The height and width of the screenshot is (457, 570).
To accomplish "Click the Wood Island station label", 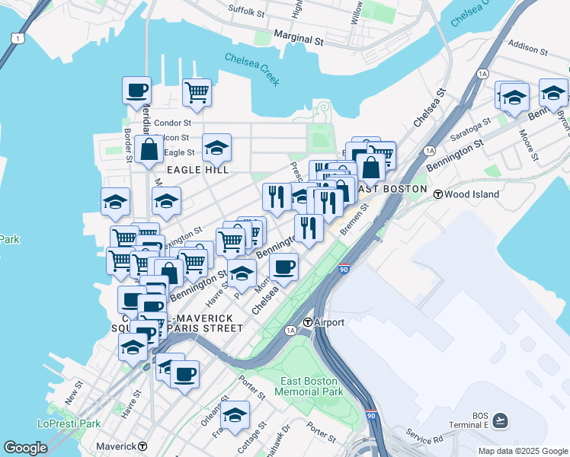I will click(x=472, y=194).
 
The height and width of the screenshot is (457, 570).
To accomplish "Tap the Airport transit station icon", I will click(x=309, y=322).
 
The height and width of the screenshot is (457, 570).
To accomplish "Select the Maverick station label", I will click(x=116, y=446).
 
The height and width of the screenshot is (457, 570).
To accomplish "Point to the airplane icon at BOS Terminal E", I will click(x=500, y=420).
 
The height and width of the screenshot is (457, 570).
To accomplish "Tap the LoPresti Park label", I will click(x=69, y=423).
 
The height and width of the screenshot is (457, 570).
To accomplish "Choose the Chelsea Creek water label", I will click(x=252, y=69).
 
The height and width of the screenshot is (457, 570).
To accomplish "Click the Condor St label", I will click(x=172, y=123).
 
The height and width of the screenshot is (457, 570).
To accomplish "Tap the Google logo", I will click(x=25, y=448).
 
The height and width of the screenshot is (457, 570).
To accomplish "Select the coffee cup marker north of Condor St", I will click(x=137, y=91).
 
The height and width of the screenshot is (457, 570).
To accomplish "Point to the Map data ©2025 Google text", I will click(x=522, y=451).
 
